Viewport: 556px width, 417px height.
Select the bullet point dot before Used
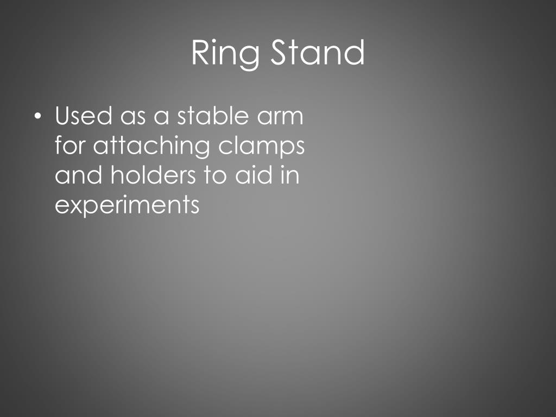pyautogui.click(x=36, y=116)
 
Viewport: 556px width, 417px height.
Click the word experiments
pyautogui.click(x=128, y=206)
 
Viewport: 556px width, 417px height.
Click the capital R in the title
pyautogui.click(x=200, y=53)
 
